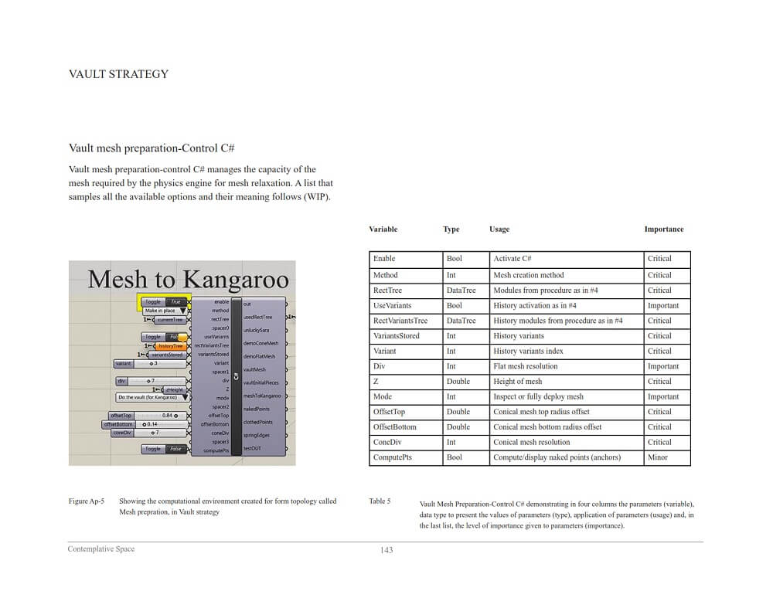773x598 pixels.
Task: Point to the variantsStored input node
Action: tap(165, 355)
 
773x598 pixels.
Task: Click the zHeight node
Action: tap(175, 389)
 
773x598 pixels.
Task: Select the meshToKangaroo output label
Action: tap(261, 396)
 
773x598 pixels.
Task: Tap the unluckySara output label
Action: tap(256, 330)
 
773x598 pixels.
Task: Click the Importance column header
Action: tap(663, 229)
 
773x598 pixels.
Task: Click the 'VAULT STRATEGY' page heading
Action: tap(118, 74)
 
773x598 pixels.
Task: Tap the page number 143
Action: tap(386, 550)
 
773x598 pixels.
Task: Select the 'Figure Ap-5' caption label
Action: tap(86, 501)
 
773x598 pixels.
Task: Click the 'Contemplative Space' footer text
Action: tap(100, 549)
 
